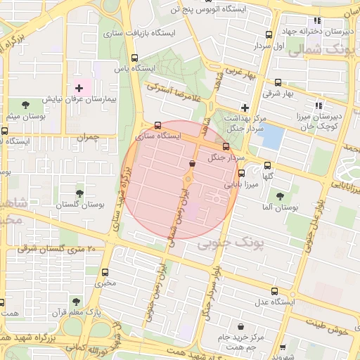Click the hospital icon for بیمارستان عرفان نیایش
click(x=79, y=89)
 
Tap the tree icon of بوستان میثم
click(x=25, y=105)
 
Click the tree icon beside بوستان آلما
click(x=281, y=196)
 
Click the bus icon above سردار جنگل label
click(x=226, y=146)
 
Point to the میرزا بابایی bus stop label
click(x=241, y=184)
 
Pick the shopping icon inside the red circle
click(x=192, y=163)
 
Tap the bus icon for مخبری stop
click(x=105, y=272)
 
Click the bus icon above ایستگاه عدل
click(x=274, y=290)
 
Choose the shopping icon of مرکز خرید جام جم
click(x=242, y=327)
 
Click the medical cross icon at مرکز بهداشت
click(x=245, y=108)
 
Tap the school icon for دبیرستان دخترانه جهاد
click(x=317, y=20)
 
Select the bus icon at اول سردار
click(x=269, y=34)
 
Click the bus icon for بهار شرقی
click(x=278, y=82)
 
